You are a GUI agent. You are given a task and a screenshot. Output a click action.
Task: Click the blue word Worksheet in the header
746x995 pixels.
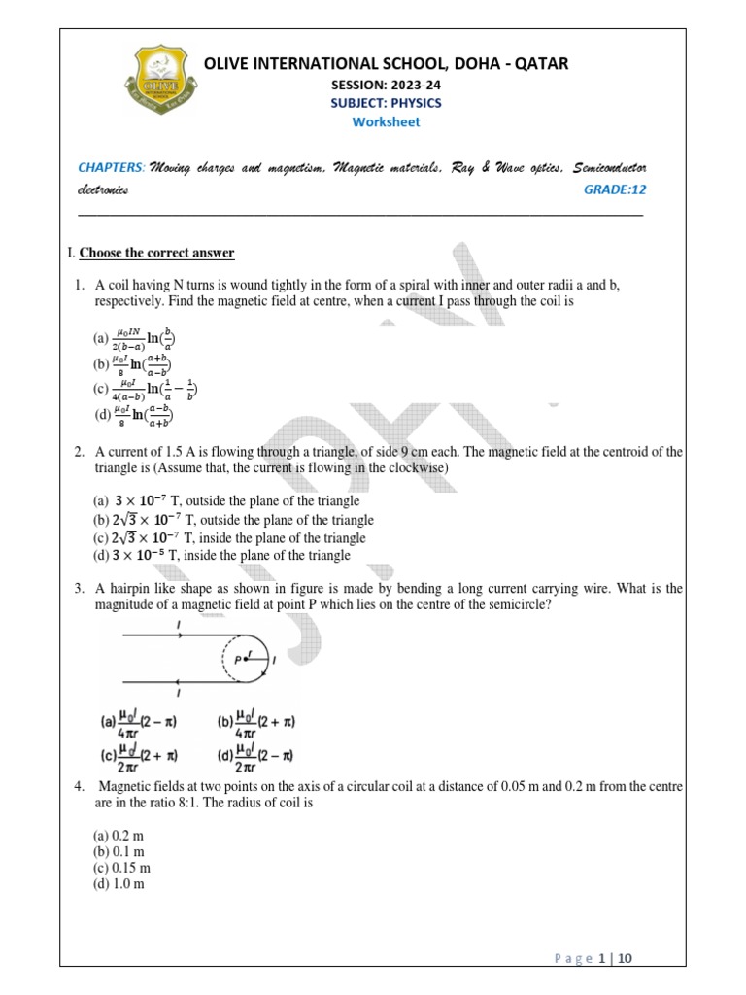[386, 121]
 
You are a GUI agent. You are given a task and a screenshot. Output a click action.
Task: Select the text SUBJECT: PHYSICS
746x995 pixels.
[386, 103]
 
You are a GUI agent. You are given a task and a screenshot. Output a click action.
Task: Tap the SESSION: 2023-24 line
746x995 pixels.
[386, 85]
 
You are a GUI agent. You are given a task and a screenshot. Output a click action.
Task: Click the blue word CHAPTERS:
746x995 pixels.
[111, 167]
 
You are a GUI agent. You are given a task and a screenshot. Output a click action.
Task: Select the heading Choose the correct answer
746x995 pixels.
[156, 253]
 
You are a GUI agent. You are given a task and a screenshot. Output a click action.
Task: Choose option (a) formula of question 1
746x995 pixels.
[134, 339]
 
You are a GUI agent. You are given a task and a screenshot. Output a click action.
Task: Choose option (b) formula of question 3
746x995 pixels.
[256, 724]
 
